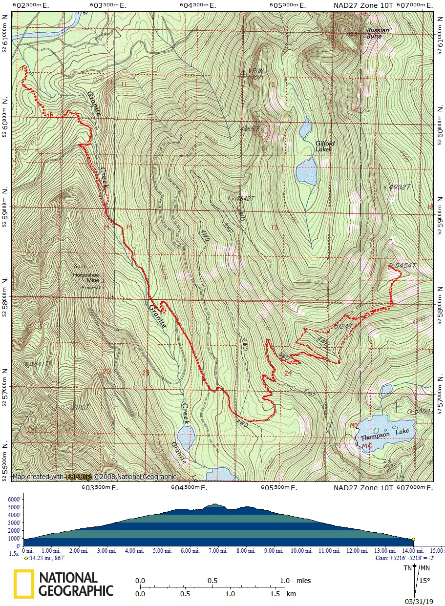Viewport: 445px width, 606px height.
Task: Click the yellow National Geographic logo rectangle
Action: click(x=23, y=584)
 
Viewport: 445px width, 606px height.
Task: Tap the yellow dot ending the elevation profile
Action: click(x=413, y=539)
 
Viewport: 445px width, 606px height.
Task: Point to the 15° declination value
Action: click(x=424, y=581)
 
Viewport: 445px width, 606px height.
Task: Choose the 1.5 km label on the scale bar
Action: click(x=275, y=594)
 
